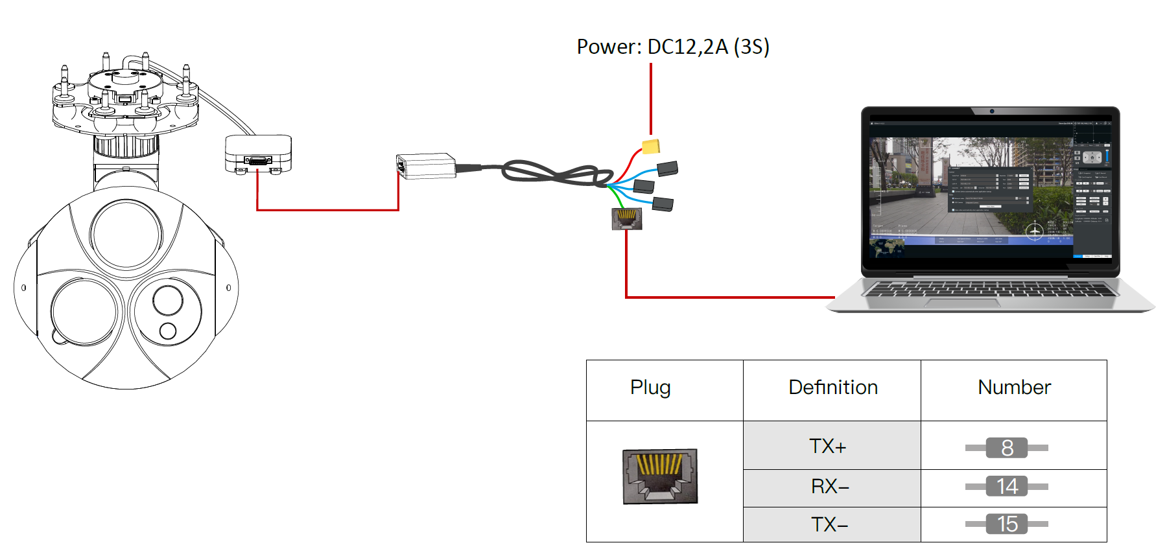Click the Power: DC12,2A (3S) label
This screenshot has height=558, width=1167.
[x=673, y=47]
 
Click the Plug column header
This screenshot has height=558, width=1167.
[x=650, y=388]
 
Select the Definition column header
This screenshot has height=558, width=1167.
[x=833, y=388]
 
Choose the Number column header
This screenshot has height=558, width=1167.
[x=1014, y=388]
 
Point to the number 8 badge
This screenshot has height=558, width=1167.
[x=1007, y=448]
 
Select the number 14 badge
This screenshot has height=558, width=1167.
[x=1007, y=486]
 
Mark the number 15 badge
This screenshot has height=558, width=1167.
[x=1007, y=524]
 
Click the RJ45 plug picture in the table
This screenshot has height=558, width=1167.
[x=660, y=476]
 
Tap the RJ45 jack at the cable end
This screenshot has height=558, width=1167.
[x=627, y=219]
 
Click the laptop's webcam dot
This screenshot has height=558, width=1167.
[x=992, y=111]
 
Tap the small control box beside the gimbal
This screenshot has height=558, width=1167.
[x=258, y=154]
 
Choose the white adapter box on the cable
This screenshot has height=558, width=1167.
[x=425, y=167]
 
